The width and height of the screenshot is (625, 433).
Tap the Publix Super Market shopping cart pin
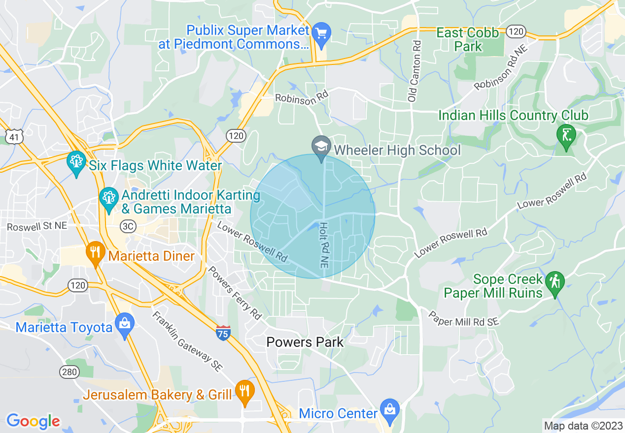pos(322,34)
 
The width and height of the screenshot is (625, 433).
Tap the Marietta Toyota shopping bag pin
pos(125,324)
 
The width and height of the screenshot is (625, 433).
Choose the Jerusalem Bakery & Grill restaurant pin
pos(244,391)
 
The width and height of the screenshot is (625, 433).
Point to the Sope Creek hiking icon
pos(556,283)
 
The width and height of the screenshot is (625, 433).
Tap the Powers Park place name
pos(305,342)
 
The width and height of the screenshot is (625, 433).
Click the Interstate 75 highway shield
pos(223,333)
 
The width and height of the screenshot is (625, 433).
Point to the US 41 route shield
pos(15,136)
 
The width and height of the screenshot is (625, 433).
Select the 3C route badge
pos(128,226)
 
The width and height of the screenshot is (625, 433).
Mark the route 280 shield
pos(69,371)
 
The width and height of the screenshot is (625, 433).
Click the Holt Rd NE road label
pos(324,245)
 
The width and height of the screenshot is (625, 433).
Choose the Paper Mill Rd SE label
pos(463,318)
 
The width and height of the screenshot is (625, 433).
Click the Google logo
pos(33,421)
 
